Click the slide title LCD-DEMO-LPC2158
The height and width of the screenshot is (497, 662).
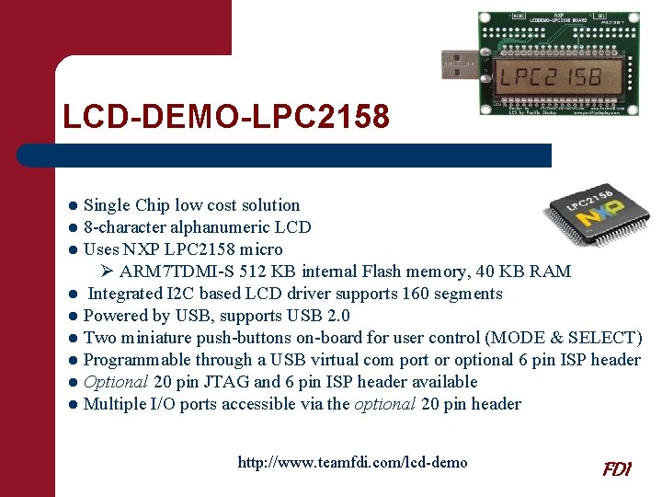point(225,117)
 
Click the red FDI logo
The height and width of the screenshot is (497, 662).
point(616,468)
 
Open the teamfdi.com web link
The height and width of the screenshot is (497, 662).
point(352,462)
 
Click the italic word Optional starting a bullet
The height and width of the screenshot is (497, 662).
point(116,382)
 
